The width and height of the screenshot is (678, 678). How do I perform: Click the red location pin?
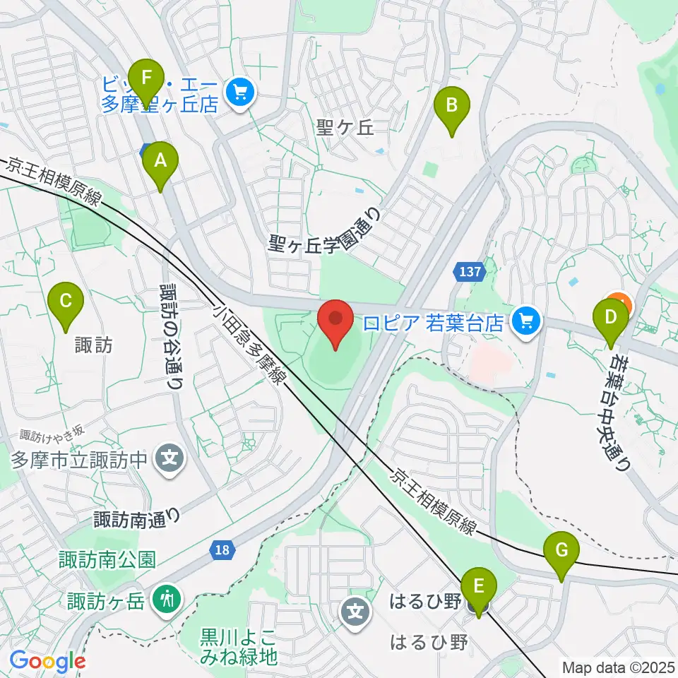coord(336,323)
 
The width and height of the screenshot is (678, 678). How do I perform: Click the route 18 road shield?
coord(222,549)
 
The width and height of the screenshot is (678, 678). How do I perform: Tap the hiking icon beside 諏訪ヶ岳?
coord(169,600)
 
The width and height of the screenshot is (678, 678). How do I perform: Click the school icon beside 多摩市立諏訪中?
coord(170,459)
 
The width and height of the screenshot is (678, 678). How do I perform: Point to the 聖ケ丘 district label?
coord(345,128)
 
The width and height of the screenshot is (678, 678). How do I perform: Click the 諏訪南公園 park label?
coord(107,561)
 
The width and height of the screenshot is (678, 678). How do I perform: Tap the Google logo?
coord(47,661)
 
